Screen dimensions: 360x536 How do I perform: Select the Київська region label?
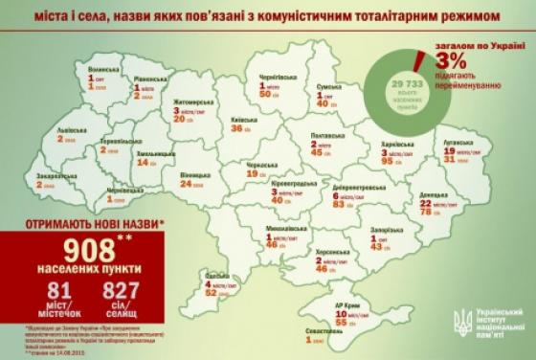pos(232,122)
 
